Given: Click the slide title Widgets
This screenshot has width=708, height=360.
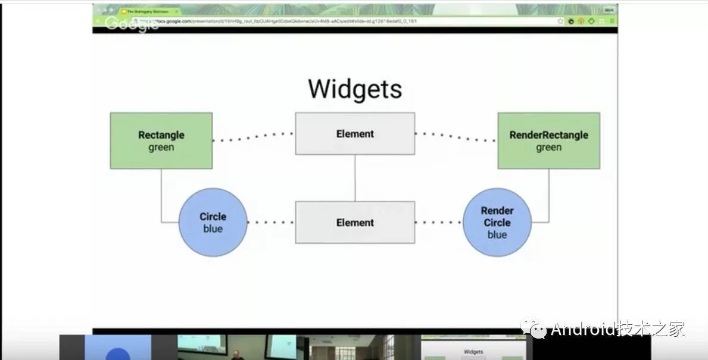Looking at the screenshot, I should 355,89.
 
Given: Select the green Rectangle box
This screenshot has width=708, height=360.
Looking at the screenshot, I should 161,140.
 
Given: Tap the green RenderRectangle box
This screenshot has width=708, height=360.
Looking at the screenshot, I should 548,140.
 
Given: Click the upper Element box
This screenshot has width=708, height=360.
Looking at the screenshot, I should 355,134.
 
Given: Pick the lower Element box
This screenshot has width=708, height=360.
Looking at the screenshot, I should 355,223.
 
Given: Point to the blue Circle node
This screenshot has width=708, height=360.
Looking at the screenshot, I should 213,223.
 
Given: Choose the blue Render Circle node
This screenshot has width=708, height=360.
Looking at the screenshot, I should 497,223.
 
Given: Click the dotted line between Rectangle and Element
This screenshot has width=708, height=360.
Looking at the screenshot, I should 253,137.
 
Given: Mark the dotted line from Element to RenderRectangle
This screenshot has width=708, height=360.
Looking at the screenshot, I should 456,137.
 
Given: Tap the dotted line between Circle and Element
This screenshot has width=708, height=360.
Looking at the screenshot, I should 271,223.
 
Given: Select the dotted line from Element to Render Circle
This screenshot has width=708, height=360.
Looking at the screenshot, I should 439,223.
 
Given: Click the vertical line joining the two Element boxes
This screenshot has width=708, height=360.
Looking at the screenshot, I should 355,178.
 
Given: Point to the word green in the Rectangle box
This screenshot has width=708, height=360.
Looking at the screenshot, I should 161,148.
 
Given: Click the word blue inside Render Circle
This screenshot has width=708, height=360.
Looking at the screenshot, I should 497,235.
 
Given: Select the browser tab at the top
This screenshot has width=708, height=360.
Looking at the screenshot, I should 148,11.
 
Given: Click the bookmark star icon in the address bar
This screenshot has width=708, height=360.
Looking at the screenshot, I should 560,21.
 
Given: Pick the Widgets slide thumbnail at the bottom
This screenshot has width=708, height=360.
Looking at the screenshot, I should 473,349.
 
